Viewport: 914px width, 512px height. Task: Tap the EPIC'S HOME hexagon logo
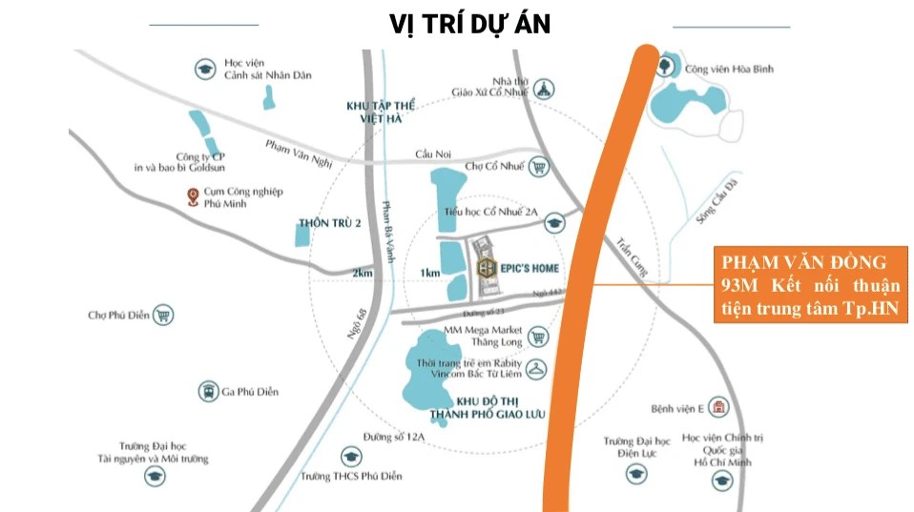click(x=487, y=268)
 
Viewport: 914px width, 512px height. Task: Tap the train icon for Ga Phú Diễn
click(x=207, y=391)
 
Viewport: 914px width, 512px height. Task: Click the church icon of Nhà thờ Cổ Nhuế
click(x=545, y=90)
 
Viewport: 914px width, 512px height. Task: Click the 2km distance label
click(x=362, y=273)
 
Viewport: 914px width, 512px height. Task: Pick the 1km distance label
click(x=429, y=273)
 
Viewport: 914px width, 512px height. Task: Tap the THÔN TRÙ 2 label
click(x=330, y=223)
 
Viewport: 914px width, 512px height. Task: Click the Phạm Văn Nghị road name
click(x=299, y=153)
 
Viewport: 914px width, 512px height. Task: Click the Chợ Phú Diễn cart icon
click(x=163, y=315)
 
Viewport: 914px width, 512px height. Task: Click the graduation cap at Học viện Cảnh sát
click(x=204, y=69)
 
